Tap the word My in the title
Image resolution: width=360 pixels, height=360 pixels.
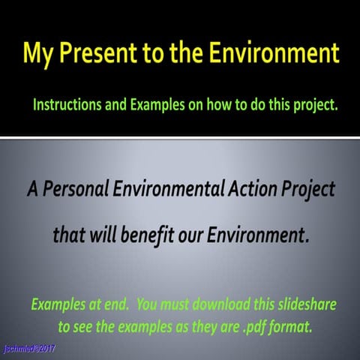[39, 53]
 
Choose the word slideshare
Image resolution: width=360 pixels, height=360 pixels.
[306, 305]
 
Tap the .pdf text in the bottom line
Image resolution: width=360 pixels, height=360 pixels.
[234, 327]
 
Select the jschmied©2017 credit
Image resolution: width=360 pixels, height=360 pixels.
[28, 349]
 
